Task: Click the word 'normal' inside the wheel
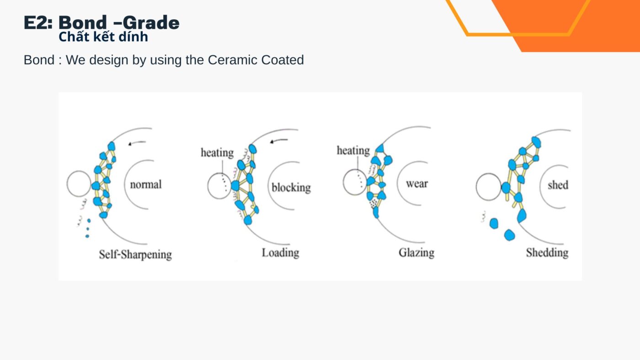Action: click(x=146, y=185)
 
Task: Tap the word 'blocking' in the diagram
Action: click(x=291, y=188)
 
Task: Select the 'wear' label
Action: click(x=417, y=184)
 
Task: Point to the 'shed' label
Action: click(x=558, y=185)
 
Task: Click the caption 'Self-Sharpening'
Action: click(x=135, y=254)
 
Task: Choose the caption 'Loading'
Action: click(x=281, y=253)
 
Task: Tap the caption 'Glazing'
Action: click(x=416, y=253)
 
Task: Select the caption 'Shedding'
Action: click(x=547, y=253)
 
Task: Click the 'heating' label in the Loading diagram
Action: click(x=217, y=153)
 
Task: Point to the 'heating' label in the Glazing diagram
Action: click(x=353, y=150)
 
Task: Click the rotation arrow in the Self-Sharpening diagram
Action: click(x=137, y=143)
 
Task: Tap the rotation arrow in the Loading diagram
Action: click(x=279, y=141)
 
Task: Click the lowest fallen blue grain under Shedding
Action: click(x=509, y=235)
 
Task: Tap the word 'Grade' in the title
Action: click(x=151, y=22)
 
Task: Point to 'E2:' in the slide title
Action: click(x=38, y=22)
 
